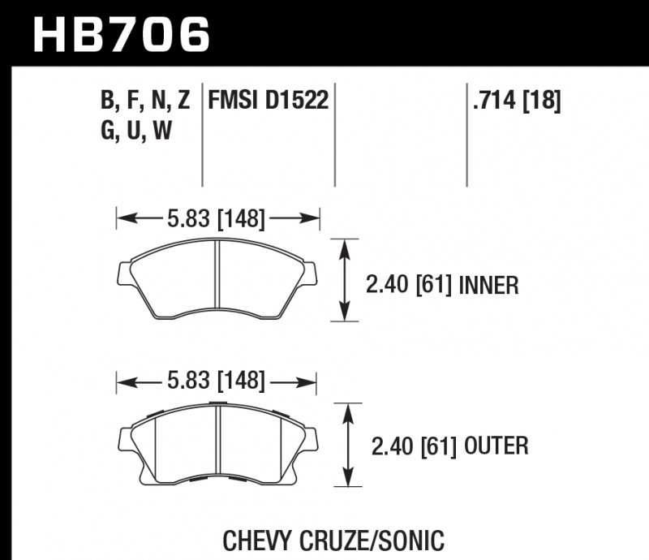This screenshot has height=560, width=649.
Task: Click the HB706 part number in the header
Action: coord(122,34)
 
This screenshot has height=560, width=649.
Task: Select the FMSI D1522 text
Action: coord(268,101)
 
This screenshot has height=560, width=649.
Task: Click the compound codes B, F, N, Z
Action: coord(145,101)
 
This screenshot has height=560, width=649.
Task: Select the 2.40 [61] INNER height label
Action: coord(441,285)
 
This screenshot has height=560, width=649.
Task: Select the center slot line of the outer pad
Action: coord(220,442)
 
